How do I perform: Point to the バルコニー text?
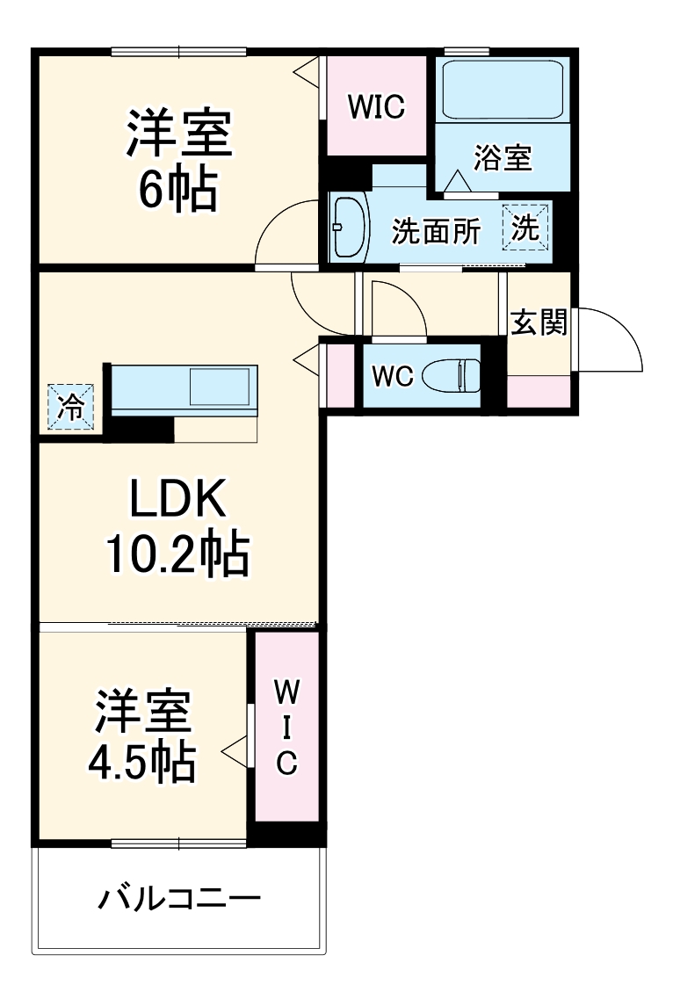pos(179,899)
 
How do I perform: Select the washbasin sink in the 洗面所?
pos(350,227)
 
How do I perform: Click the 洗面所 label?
pos(436,231)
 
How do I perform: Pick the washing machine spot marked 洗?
pos(525,228)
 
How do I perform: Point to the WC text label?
pos(392,376)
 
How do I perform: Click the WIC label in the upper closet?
pos(375,106)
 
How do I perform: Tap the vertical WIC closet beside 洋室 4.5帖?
pos(286,726)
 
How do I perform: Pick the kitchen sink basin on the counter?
pos(220,387)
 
